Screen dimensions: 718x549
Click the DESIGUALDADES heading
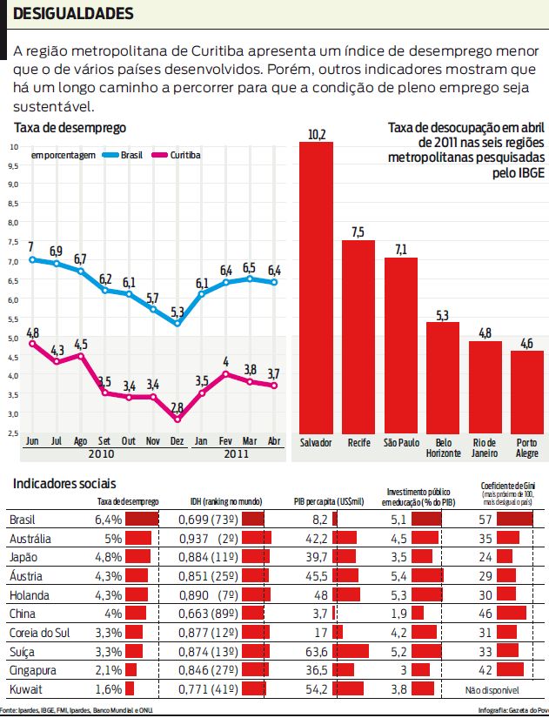tap(74, 14)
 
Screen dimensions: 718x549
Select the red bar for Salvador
tap(316, 287)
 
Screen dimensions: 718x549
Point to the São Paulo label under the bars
tap(401, 443)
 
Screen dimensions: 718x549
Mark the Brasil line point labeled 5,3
tap(177, 324)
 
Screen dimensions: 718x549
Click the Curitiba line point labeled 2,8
tap(177, 419)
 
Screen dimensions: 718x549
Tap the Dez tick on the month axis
tap(177, 441)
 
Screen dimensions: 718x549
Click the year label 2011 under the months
tap(235, 453)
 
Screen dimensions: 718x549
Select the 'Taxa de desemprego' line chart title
tap(70, 128)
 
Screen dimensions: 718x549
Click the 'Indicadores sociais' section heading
tap(65, 483)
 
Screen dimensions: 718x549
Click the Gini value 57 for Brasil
tap(487, 519)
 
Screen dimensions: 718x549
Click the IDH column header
tap(227, 502)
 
